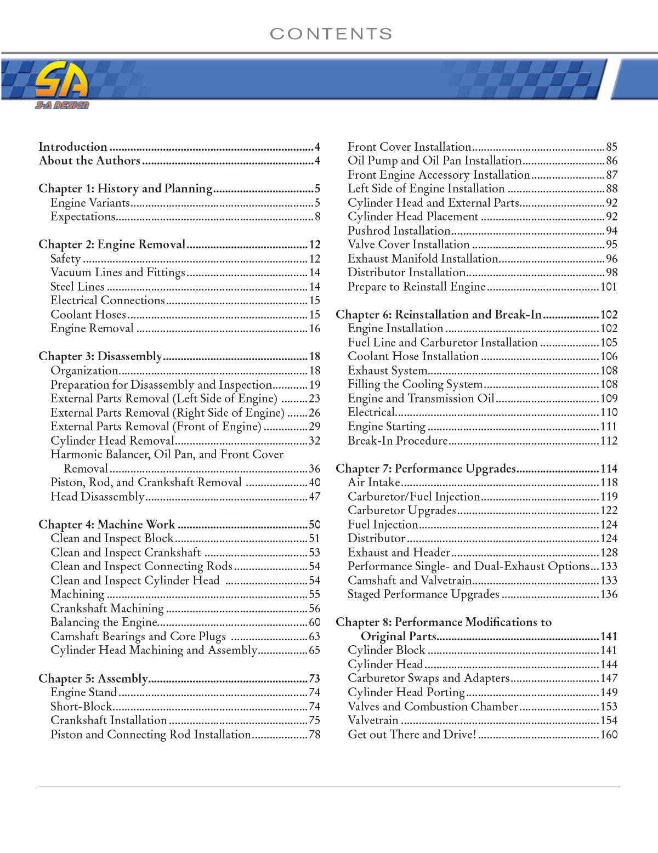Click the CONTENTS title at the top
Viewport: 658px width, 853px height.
click(331, 34)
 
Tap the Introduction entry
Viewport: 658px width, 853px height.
click(73, 147)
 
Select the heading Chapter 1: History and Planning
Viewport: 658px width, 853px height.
click(125, 189)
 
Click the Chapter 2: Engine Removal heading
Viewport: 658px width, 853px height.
click(112, 244)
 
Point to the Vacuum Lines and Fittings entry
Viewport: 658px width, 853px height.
click(118, 272)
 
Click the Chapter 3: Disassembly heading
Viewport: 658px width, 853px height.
click(100, 356)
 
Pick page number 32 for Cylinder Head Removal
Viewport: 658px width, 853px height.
click(314, 441)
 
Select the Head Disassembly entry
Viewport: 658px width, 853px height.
click(97, 497)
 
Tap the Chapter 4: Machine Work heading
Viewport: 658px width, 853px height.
click(106, 525)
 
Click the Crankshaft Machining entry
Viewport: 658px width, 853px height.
click(107, 609)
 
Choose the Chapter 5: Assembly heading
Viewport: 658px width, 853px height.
click(93, 679)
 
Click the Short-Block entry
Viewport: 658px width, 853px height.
click(81, 707)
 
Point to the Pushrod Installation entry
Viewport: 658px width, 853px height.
click(399, 231)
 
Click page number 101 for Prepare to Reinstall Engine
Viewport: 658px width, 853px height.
click(609, 287)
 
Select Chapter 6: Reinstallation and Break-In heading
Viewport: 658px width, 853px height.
click(439, 315)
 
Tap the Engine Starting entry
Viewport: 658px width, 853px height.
click(387, 426)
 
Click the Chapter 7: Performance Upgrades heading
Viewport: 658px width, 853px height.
click(426, 469)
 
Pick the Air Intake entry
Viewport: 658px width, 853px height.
click(374, 482)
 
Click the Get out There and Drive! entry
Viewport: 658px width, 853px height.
click(412, 735)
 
